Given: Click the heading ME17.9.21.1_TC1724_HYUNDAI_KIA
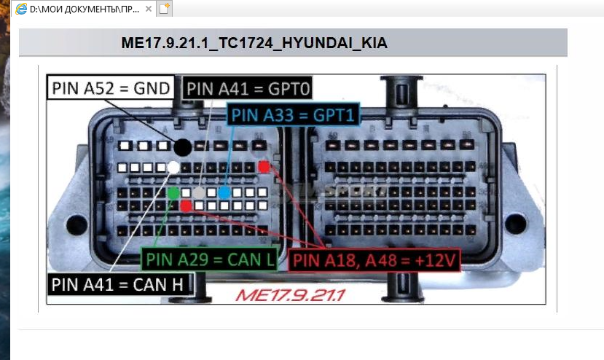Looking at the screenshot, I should pos(254,44).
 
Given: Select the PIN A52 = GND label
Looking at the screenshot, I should pos(111,88).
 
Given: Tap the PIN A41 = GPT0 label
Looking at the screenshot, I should pos(248,89).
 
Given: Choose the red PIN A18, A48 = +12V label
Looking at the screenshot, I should pos(375,259).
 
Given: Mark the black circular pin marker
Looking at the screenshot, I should pos(181,148).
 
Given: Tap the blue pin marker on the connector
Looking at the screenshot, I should pos(224,192).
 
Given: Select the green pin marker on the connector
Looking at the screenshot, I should pos(173,193).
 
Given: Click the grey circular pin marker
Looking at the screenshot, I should pos(198,192).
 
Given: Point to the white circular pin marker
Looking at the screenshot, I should pos(173,167).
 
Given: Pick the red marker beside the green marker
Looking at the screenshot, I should pos(187,206).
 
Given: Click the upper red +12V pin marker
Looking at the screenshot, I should pos(263,167).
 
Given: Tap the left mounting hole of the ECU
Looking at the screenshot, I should pos(76,224).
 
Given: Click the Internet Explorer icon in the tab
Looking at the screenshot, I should pos(20,9).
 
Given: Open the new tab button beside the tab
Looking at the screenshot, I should pos(165,9).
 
